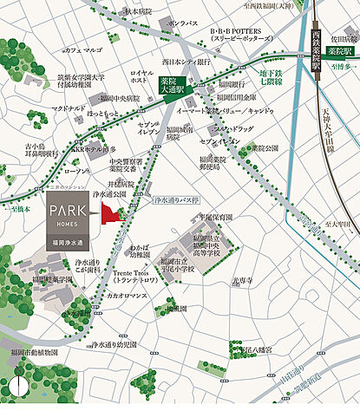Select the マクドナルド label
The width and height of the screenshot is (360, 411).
tap(70, 108)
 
